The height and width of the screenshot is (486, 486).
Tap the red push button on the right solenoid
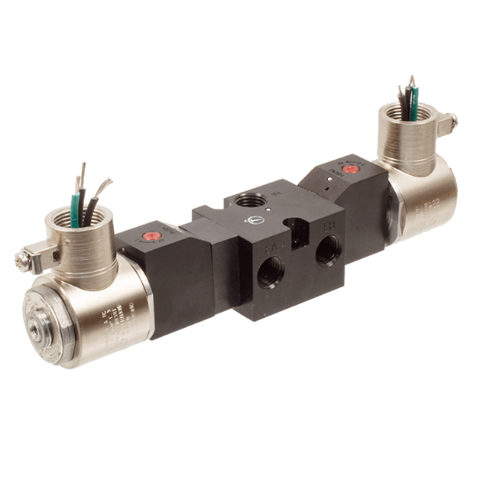click(x=349, y=167)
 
